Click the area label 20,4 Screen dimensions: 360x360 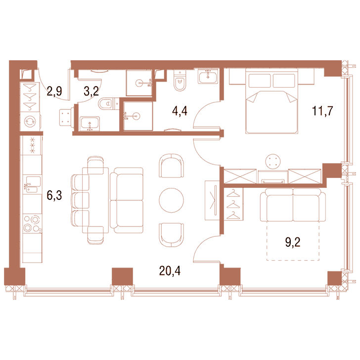[170, 271]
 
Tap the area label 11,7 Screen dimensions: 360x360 [322, 111]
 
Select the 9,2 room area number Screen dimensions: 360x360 [293, 242]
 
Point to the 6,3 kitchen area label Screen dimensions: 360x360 [54, 196]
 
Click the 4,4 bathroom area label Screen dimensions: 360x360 [180, 111]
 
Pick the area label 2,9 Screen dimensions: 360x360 [54, 91]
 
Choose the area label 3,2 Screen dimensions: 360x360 [91, 91]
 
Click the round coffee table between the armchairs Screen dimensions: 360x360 [171, 200]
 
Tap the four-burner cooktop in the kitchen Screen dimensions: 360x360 [32, 224]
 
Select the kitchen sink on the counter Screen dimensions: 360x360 [32, 184]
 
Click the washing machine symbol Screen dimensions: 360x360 [30, 122]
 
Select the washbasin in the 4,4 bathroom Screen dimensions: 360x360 [208, 76]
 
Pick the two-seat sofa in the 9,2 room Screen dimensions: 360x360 [293, 205]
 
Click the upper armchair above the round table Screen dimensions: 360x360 [171, 166]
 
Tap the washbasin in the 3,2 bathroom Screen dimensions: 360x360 [90, 124]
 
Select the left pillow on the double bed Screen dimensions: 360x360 [260, 80]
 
